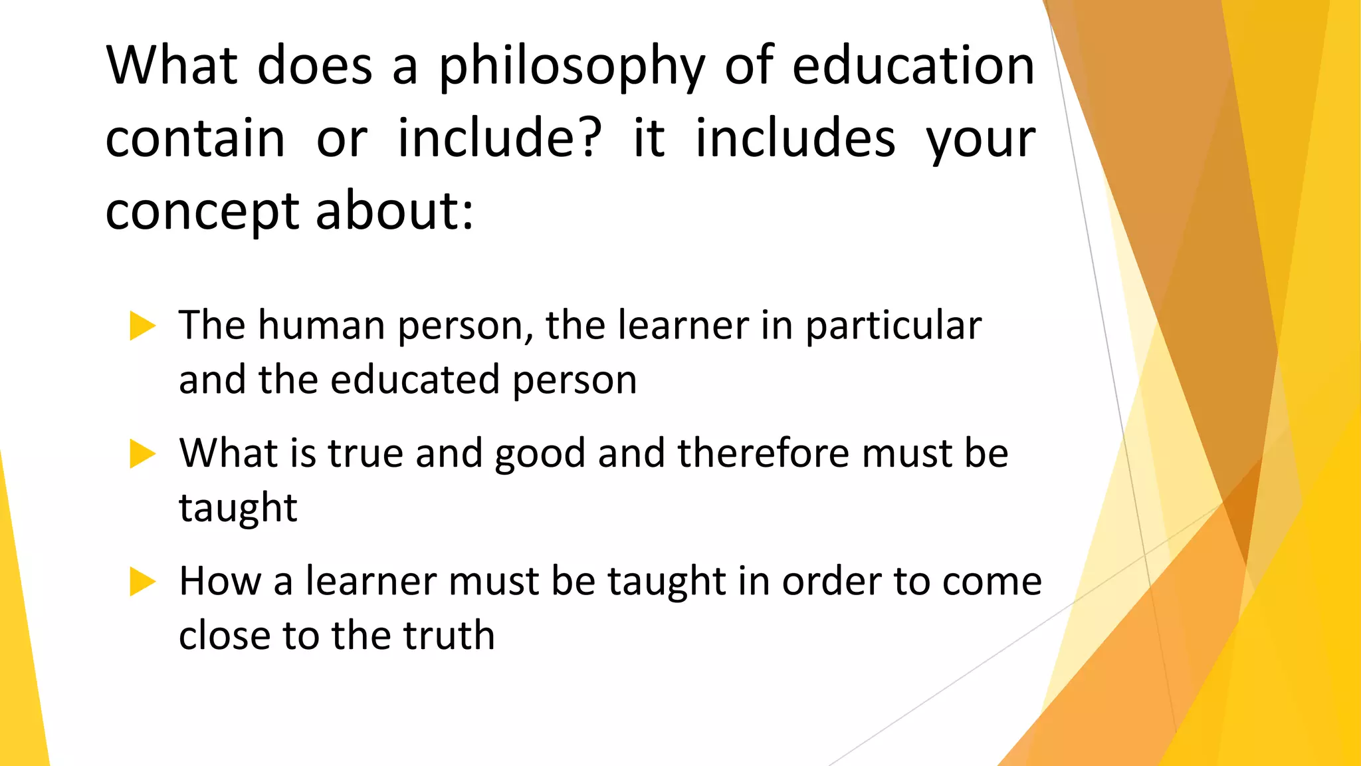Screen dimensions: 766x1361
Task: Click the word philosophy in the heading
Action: point(572,66)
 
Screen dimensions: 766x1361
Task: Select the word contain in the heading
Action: point(195,138)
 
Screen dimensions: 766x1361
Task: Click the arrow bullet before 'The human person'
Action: point(142,326)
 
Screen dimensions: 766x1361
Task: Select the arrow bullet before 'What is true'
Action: point(142,453)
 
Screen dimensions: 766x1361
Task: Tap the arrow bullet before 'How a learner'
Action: point(142,581)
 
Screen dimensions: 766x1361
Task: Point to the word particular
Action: point(893,327)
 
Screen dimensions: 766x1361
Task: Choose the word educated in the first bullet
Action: point(415,380)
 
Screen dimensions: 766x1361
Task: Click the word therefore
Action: point(762,453)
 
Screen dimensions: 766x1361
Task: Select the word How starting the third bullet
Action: point(220,581)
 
